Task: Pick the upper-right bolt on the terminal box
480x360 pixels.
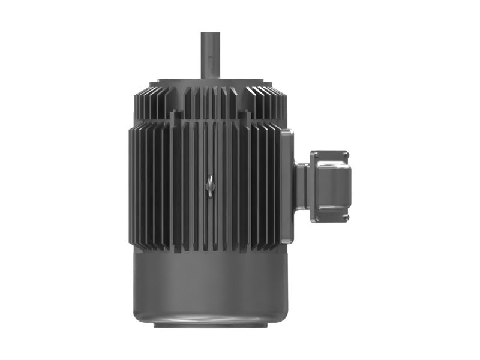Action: (346, 155)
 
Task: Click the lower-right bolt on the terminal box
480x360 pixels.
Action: (346, 218)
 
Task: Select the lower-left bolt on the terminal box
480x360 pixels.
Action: (313, 217)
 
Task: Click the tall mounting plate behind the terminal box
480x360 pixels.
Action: (287, 186)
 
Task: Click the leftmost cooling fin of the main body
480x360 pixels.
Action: (130, 186)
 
